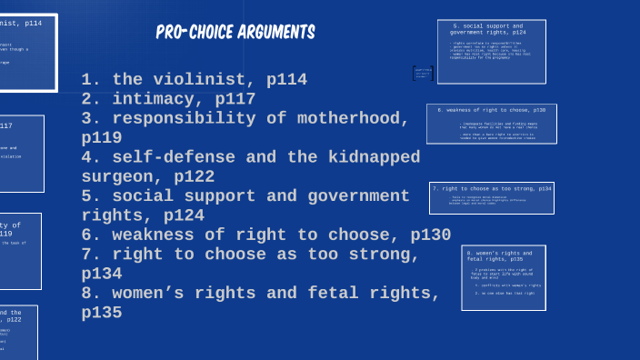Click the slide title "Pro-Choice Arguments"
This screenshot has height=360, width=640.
pos(235,33)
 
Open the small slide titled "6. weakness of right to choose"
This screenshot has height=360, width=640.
pos(492,124)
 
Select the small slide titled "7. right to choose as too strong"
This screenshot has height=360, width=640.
pos(492,198)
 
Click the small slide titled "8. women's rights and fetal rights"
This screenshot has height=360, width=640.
pos(504,277)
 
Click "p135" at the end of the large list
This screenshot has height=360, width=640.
pos(102,313)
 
